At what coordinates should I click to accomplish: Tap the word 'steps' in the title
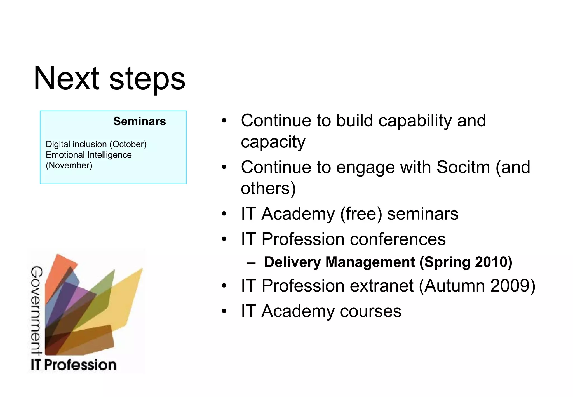click(x=147, y=80)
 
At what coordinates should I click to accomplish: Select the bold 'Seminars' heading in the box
click(x=139, y=121)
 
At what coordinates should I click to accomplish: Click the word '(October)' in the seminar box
click(x=128, y=144)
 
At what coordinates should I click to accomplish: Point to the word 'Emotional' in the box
click(x=65, y=155)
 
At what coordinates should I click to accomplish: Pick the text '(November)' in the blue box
click(x=69, y=165)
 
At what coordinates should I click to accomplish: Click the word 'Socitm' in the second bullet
click(x=463, y=167)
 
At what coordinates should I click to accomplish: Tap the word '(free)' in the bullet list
click(x=361, y=214)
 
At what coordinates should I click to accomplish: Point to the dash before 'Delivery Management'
click(x=251, y=263)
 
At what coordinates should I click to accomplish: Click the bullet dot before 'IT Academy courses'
click(x=224, y=311)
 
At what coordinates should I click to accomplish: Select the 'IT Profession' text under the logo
click(x=73, y=365)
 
